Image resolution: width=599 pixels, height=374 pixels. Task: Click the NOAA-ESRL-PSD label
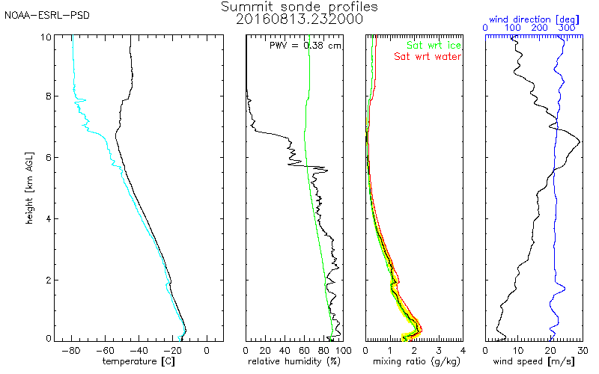(47, 16)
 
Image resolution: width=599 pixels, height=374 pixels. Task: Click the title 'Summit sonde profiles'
(299, 7)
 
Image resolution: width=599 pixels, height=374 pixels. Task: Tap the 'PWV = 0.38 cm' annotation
(305, 46)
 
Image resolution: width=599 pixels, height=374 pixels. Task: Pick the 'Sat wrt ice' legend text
(434, 45)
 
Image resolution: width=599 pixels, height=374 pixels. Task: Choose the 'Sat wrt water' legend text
(428, 57)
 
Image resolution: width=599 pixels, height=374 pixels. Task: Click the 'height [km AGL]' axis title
(29, 188)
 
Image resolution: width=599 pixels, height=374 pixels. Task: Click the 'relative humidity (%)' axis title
(294, 361)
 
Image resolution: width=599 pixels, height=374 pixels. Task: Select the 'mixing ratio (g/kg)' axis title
(416, 361)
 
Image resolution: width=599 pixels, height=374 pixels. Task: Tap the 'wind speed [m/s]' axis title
(534, 361)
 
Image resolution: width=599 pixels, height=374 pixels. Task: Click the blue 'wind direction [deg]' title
(534, 19)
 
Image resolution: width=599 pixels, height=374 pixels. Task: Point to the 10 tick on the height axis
(46, 37)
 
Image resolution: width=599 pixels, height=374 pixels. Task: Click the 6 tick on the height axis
(49, 158)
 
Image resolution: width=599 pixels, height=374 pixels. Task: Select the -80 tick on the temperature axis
(71, 350)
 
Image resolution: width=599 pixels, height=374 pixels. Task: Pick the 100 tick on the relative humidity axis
(343, 350)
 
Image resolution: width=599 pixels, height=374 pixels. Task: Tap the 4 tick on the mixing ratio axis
(463, 350)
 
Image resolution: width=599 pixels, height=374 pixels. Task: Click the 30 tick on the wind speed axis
(583, 350)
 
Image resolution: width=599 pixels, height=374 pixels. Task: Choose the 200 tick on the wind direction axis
(539, 28)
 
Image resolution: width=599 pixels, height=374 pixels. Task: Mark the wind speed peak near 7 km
(580, 142)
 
